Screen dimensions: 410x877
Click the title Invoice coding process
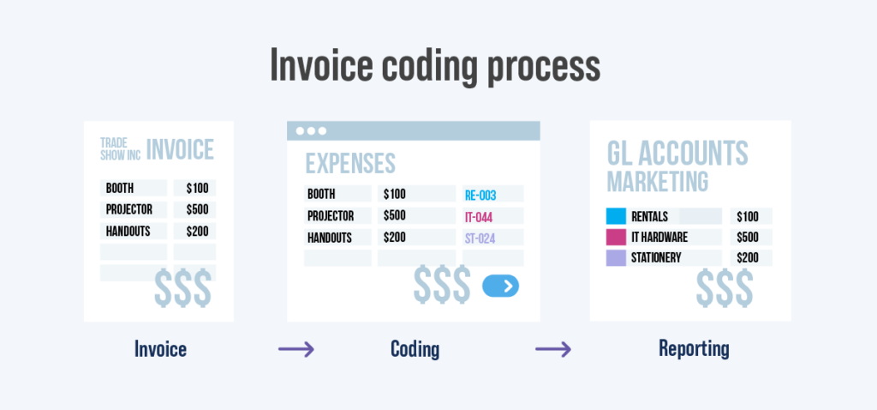pyautogui.click(x=435, y=65)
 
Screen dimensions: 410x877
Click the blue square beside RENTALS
pyautogui.click(x=616, y=216)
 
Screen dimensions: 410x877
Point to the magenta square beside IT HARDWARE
pyautogui.click(x=616, y=238)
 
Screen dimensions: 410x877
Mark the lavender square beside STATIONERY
pyautogui.click(x=616, y=258)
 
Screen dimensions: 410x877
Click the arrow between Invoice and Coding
pyautogui.click(x=296, y=349)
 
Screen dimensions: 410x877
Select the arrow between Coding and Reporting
pyautogui.click(x=553, y=349)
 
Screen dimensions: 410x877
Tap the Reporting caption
pyautogui.click(x=694, y=349)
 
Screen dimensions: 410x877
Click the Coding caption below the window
pyautogui.click(x=415, y=349)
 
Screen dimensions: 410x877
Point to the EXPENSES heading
pyautogui.click(x=350, y=163)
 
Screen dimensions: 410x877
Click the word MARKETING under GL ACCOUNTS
pyautogui.click(x=657, y=182)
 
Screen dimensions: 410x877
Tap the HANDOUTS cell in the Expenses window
pyautogui.click(x=332, y=238)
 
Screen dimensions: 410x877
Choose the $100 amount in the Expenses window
pyautogui.click(x=395, y=194)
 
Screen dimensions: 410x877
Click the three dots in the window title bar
pyautogui.click(x=311, y=131)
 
